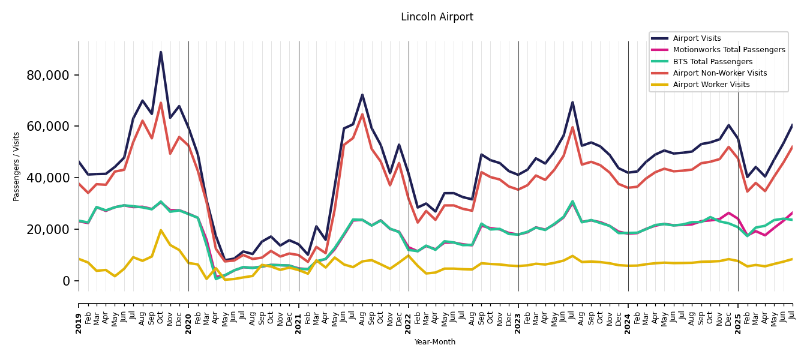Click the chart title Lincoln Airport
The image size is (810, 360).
(437, 17)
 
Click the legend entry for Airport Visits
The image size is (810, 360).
(697, 38)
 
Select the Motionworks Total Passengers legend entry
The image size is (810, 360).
(728, 50)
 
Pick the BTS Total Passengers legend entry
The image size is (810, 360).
(712, 62)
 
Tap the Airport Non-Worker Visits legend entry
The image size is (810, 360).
(719, 73)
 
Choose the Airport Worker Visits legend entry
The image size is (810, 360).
(711, 85)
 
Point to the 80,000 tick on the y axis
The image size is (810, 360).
(48, 75)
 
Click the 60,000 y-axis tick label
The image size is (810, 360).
(48, 127)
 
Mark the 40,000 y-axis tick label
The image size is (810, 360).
(48, 178)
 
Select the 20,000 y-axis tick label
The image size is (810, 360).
(48, 230)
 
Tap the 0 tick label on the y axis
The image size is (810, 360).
(66, 281)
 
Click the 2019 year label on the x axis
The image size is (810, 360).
(79, 316)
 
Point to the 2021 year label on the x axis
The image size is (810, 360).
(299, 316)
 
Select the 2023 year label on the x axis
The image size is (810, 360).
(518, 316)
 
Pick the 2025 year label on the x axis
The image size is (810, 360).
(738, 316)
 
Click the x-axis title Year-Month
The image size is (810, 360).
(435, 342)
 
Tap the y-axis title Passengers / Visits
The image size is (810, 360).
(17, 166)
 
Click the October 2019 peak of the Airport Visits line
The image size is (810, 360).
(161, 52)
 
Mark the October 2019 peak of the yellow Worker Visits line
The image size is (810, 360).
(161, 230)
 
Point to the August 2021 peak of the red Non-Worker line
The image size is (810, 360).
(362, 114)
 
